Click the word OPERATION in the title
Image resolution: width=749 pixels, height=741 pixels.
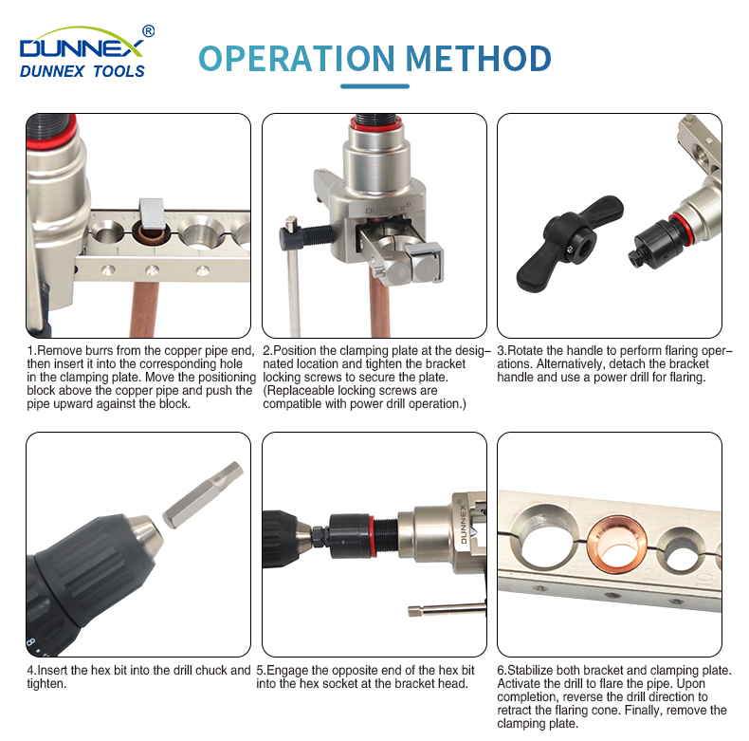[x=297, y=58]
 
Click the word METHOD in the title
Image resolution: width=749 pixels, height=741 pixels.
[x=479, y=58]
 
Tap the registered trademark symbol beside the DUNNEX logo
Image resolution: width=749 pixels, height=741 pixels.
[x=149, y=31]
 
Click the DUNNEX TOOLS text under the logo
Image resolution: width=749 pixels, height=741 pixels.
[x=82, y=71]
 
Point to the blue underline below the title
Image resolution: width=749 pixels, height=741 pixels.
[x=375, y=86]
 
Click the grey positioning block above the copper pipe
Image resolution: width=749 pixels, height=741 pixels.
[x=152, y=213]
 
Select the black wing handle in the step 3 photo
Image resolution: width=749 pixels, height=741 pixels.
[x=568, y=242]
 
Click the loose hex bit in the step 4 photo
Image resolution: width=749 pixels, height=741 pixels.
[x=203, y=495]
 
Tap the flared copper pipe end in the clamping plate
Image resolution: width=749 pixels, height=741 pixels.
[x=617, y=546]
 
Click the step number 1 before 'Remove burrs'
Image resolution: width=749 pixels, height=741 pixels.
[x=29, y=351]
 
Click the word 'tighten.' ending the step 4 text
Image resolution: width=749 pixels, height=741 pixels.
[x=46, y=684]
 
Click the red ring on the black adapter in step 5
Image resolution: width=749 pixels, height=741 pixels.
[x=371, y=535]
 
